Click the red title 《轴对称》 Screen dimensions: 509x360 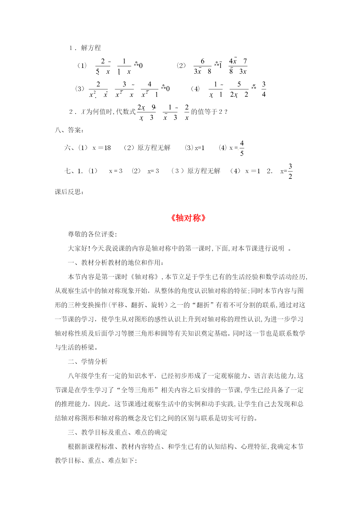coord(188,218)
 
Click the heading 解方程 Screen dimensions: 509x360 coord(91,48)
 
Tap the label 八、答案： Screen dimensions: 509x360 coord(70,130)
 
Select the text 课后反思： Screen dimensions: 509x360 coord(70,192)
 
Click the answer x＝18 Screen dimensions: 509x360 coord(102,148)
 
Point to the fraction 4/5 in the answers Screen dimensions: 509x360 coord(242,148)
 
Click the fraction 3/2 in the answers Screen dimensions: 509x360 coord(290,171)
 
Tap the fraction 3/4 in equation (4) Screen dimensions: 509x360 coord(264,89)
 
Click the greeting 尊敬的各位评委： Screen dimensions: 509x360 coord(92,234)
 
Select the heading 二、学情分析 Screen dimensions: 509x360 coord(88,362)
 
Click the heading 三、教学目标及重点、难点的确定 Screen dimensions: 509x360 coord(117,432)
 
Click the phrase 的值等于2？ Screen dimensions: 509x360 coord(209,112)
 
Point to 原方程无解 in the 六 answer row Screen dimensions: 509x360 coord(154,148)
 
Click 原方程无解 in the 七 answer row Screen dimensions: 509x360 coord(204,171)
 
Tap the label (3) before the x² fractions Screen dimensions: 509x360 coord(79,89)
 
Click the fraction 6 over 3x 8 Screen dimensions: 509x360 coord(202,66)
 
